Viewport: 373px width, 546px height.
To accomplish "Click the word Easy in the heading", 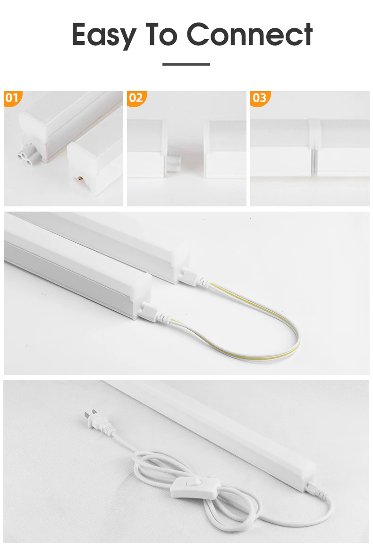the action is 103,35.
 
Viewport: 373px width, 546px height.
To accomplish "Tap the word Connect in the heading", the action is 249,34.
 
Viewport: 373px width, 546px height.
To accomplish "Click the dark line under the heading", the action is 186,64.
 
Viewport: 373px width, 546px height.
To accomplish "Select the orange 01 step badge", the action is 13,98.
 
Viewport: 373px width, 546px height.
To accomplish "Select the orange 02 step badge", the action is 136,98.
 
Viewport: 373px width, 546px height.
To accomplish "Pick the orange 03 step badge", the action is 260,98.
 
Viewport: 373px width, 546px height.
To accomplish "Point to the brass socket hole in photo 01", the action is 81,179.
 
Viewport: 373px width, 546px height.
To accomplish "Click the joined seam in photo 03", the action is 314,147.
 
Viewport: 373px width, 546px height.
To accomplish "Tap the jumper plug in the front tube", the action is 153,312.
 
